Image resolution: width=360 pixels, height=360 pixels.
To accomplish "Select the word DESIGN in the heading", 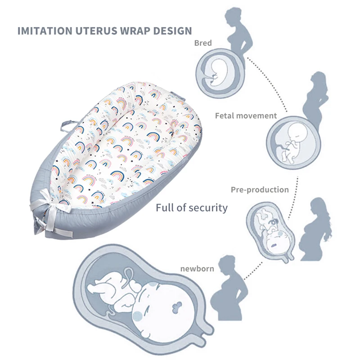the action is (x=174, y=31).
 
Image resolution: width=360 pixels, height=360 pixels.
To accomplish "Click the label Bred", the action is (x=203, y=44).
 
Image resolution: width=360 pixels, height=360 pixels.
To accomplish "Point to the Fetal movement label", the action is (x=246, y=116).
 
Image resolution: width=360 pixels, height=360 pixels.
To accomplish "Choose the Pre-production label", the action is (x=260, y=189).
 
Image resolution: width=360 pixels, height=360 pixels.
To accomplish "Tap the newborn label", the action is (x=197, y=269).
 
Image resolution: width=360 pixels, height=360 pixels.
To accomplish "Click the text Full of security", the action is (x=192, y=208).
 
